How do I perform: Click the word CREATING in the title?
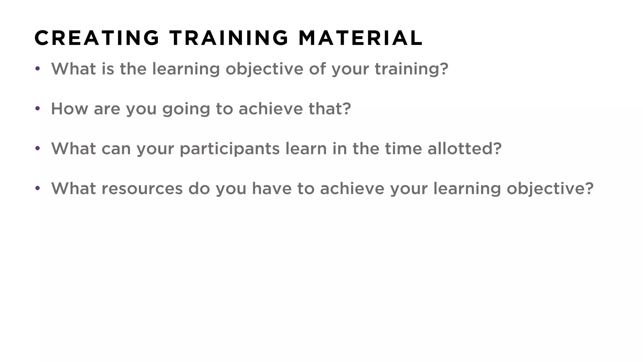tap(97, 38)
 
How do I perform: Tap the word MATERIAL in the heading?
tap(360, 38)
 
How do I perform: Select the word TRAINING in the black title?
tap(229, 38)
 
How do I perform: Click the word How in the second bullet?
tap(69, 109)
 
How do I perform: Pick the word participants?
tap(230, 149)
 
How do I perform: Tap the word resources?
tap(142, 189)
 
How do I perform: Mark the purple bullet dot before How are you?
tap(38, 109)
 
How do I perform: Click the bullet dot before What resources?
tap(38, 189)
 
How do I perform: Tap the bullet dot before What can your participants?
tap(38, 148)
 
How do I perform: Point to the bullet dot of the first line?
tap(38, 69)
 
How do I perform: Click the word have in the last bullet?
tap(272, 189)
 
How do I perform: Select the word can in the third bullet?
tap(116, 149)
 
